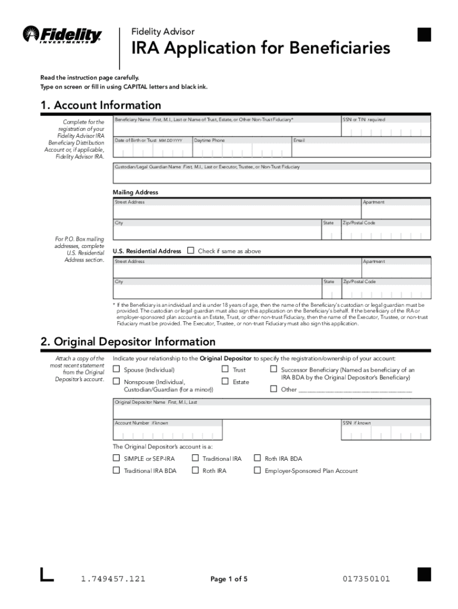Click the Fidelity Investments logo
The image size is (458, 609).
(62, 34)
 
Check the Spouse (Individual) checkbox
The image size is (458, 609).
(117, 369)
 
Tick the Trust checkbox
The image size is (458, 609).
(225, 369)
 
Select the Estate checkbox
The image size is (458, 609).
(225, 381)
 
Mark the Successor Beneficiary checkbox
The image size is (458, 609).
(274, 369)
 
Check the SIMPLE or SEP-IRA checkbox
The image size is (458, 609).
(117, 458)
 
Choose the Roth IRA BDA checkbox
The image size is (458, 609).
(258, 458)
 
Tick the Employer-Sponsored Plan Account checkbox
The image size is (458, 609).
(258, 470)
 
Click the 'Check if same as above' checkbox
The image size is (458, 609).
(191, 250)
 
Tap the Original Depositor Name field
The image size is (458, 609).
(272, 412)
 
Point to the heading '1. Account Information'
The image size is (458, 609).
(101, 105)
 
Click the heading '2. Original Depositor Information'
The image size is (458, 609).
(127, 342)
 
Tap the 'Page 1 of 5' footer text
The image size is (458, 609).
(229, 579)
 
